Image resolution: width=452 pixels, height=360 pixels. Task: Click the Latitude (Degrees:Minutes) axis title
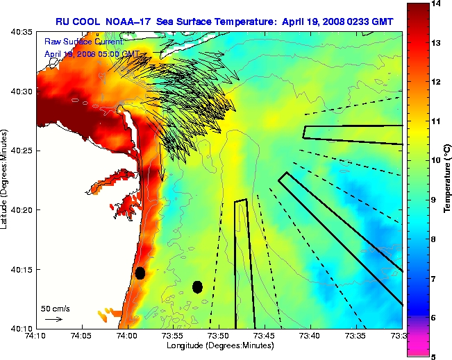[x=6, y=180]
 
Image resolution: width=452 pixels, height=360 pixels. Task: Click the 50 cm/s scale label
[x=55, y=308]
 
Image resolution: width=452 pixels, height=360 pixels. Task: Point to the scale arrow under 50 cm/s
[x=53, y=319]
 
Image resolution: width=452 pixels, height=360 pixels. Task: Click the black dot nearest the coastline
[x=140, y=273]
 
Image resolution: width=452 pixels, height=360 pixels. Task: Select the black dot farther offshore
[x=198, y=286]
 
